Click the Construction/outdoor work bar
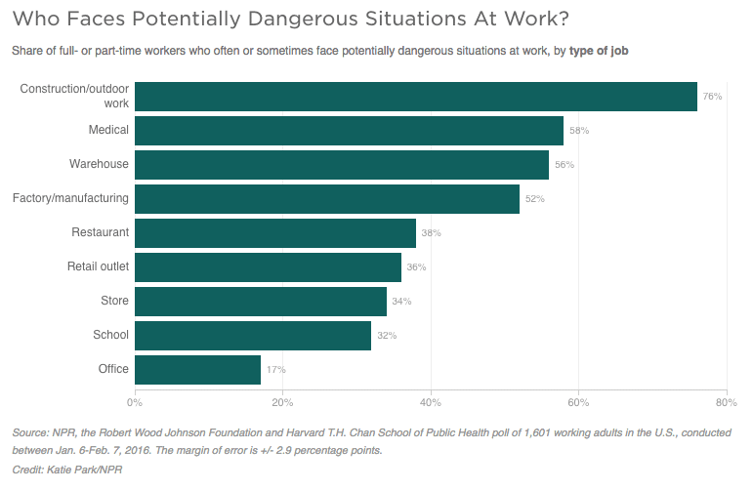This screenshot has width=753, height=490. (415, 97)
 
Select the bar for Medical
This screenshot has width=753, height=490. (349, 131)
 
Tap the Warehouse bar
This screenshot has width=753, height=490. (341, 165)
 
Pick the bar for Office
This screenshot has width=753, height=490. (197, 370)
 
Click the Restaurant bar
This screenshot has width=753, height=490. (274, 233)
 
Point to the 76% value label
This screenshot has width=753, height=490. (712, 97)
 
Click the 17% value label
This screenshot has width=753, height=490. (275, 370)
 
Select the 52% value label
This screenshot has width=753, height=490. (534, 199)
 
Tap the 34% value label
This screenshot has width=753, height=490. (401, 302)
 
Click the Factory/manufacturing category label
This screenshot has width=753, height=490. (70, 198)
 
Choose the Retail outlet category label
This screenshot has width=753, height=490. (98, 266)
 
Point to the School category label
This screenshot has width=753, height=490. (110, 335)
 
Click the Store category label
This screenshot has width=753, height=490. (114, 301)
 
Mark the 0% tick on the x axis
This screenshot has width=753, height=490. (135, 401)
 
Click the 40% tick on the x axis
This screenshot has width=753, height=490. (430, 401)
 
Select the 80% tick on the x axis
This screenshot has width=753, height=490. (725, 401)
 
